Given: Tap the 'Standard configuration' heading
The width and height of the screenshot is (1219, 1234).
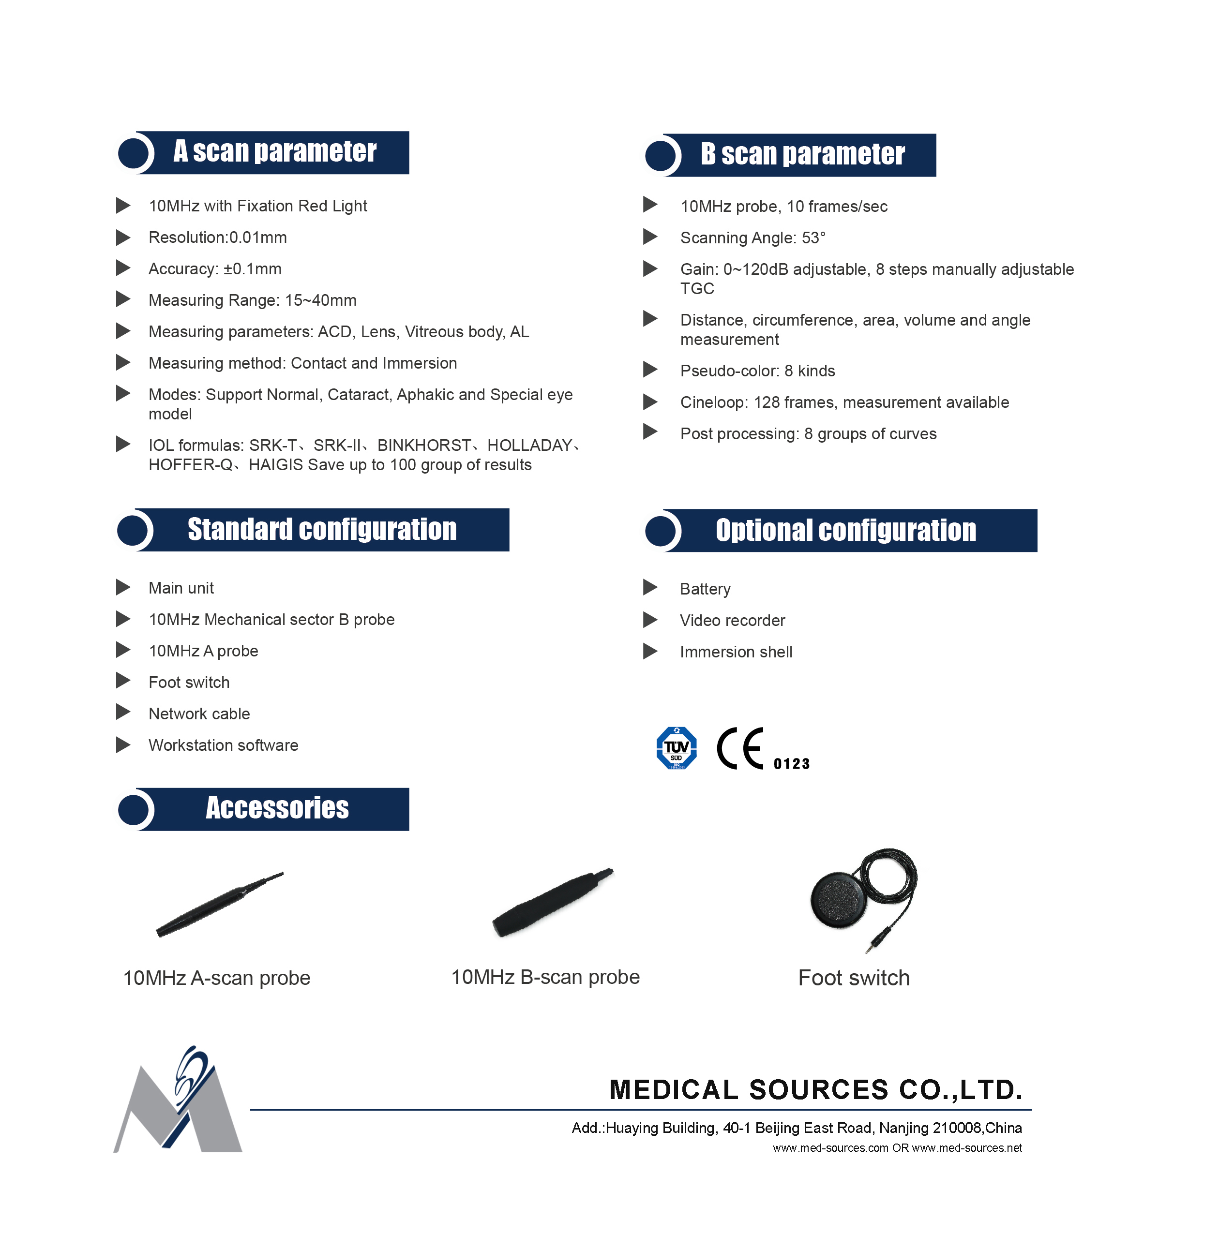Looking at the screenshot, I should coord(321,530).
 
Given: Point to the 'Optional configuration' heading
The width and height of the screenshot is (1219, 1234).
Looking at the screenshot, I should coord(845,530).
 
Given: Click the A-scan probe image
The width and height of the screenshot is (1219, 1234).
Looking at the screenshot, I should coord(219,903).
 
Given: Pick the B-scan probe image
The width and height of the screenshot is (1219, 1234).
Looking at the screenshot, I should coord(552,902).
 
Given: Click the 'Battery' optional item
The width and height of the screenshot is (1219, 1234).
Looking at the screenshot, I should coord(705,588).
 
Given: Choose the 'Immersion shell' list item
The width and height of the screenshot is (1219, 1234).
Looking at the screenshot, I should coord(736,652).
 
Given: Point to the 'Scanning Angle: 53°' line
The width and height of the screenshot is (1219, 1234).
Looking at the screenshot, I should coord(752,238).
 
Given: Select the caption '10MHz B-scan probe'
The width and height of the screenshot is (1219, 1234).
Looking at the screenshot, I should coord(545,977).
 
